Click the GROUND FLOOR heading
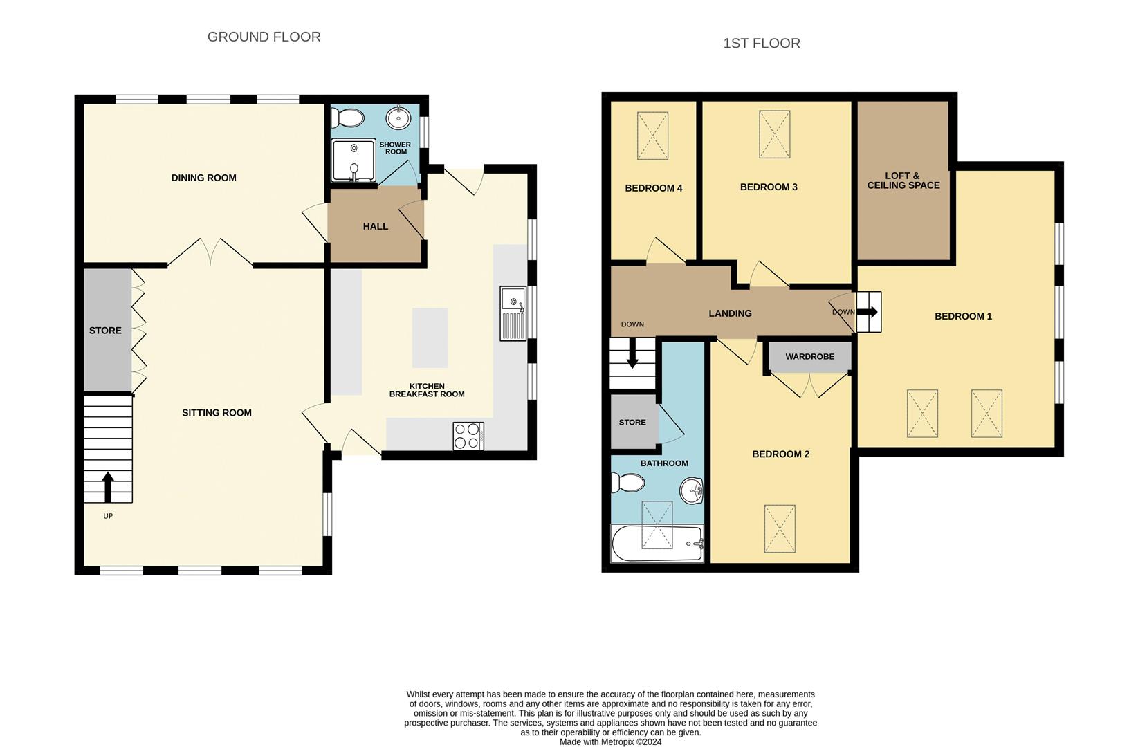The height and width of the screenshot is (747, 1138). (264, 37)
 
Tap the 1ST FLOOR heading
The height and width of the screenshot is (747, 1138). (761, 44)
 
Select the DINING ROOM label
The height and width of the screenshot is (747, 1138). (203, 178)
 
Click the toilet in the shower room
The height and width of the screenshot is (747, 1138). (348, 119)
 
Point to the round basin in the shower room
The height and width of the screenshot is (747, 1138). (399, 118)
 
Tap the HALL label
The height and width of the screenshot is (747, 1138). (375, 226)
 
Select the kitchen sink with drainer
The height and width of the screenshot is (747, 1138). (513, 313)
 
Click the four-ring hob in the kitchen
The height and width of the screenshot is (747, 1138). (468, 435)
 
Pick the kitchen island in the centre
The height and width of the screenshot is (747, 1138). (430, 338)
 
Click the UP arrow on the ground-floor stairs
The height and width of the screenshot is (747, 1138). (108, 486)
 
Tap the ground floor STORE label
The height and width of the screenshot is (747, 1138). (105, 331)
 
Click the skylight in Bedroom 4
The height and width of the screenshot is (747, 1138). (652, 136)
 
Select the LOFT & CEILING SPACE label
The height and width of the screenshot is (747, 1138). (903, 181)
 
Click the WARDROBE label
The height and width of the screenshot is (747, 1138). (809, 357)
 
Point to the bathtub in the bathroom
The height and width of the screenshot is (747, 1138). (656, 543)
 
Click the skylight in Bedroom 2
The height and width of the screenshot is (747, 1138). (780, 528)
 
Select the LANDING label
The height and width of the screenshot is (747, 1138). (730, 313)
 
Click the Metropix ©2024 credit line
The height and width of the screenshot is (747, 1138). (610, 741)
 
